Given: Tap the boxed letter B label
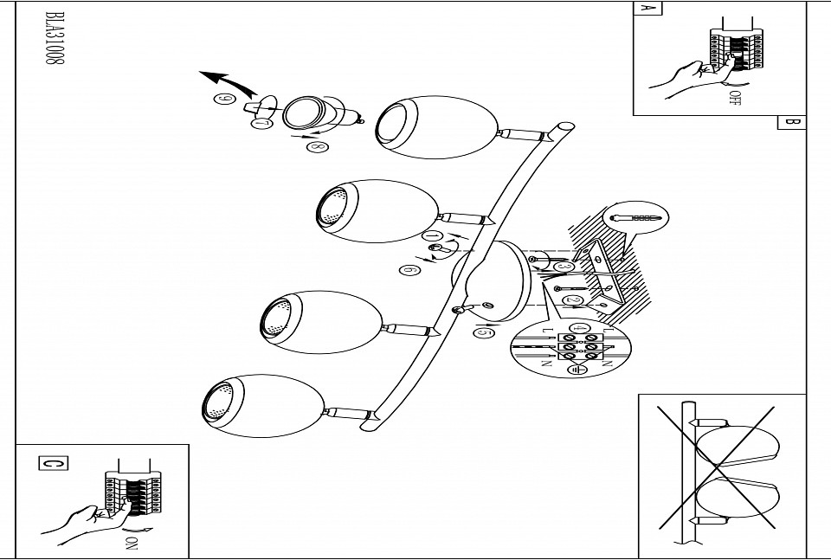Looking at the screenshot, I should pyautogui.click(x=791, y=122).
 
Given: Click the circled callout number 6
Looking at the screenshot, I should pyautogui.click(x=409, y=269).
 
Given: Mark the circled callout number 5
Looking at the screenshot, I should pyautogui.click(x=485, y=331).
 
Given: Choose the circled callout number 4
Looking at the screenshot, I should pyautogui.click(x=570, y=325).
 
